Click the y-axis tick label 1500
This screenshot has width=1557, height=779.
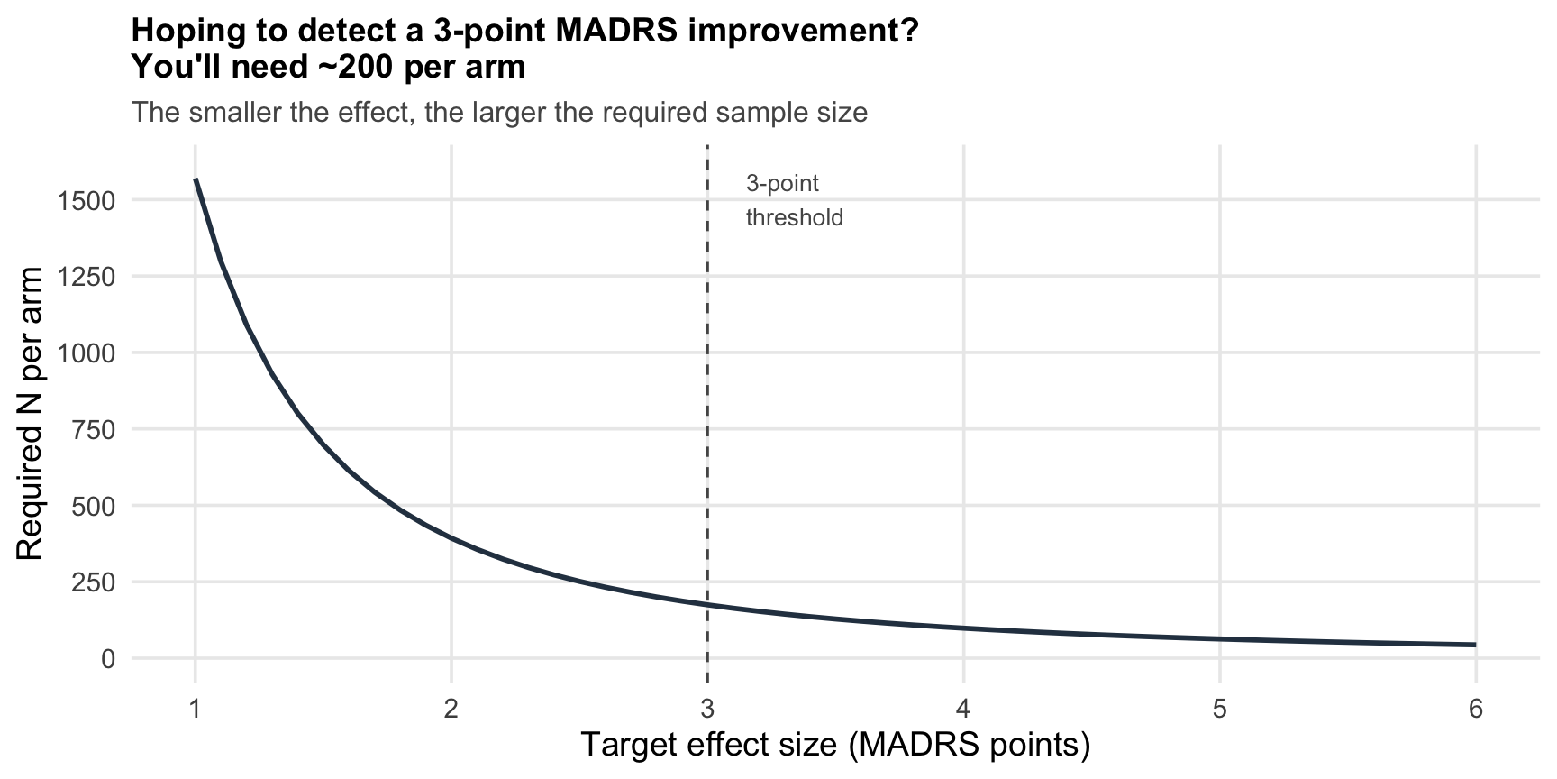tap(86, 200)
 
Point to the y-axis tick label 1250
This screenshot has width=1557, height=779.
tap(86, 277)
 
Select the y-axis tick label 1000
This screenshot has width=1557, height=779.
tap(86, 353)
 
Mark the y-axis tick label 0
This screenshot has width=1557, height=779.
tap(108, 659)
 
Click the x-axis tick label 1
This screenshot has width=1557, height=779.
tap(195, 710)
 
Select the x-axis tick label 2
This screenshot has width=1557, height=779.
tap(451, 710)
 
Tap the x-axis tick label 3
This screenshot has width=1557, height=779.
tap(707, 710)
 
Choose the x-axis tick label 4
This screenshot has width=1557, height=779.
tap(963, 710)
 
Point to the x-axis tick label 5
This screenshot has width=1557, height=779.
tap(1219, 710)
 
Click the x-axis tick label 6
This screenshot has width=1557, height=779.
tap(1475, 710)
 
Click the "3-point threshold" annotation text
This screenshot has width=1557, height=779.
tap(794, 200)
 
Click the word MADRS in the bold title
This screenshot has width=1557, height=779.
tap(610, 32)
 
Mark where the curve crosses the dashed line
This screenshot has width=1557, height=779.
tap(707, 605)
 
